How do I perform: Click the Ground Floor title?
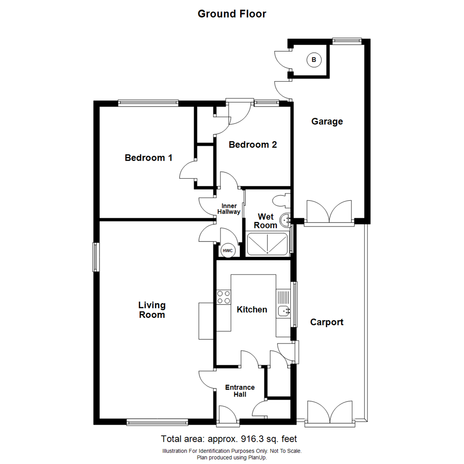click(232, 14)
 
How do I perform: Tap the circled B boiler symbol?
click(314, 60)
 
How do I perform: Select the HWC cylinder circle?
click(227, 250)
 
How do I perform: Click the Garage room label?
click(327, 122)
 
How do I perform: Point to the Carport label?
click(327, 322)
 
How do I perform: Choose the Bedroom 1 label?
click(148, 158)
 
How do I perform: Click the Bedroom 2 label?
click(253, 145)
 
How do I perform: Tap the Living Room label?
click(152, 310)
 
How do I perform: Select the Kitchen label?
click(252, 309)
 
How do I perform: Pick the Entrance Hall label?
click(240, 391)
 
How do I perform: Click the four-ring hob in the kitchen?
click(223, 297)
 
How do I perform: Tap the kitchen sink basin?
click(283, 310)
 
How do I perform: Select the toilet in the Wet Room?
click(282, 201)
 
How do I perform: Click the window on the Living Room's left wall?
click(95, 257)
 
